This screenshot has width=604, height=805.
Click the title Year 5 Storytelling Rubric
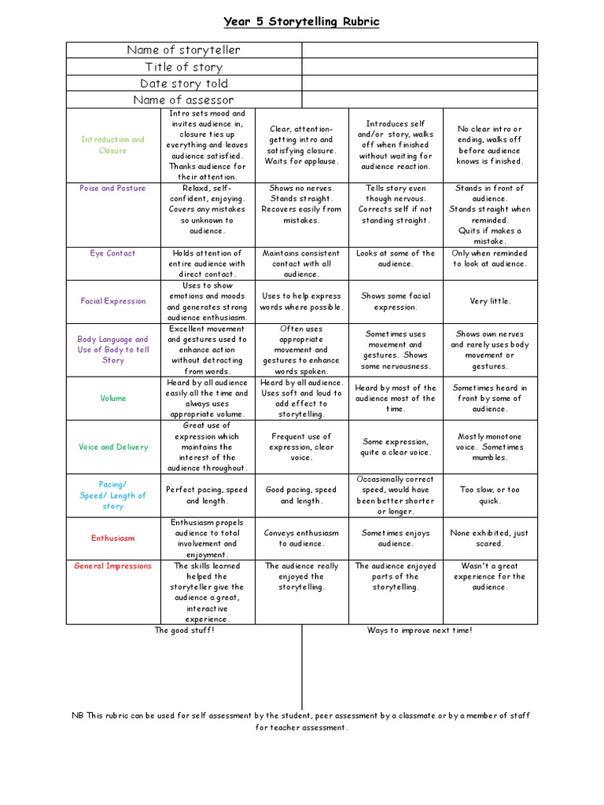[302, 22]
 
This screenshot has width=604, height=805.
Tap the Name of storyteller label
[184, 50]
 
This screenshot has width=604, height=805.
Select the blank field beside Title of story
[420, 67]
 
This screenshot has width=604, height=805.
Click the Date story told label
[184, 83]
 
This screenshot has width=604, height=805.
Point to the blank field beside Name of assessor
[420, 100]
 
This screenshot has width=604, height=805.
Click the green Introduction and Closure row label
[113, 145]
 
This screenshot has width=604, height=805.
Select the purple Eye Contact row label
[113, 253]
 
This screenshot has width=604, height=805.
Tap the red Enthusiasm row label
[113, 539]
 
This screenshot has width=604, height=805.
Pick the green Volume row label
[113, 399]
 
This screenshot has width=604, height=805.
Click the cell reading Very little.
[490, 301]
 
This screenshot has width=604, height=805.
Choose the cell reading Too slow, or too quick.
[490, 495]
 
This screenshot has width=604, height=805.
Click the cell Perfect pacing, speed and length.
[208, 495]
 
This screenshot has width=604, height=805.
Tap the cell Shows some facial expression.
[396, 301]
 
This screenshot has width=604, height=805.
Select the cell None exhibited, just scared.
[490, 538]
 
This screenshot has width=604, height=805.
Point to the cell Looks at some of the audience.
[396, 259]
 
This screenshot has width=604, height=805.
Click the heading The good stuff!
[184, 630]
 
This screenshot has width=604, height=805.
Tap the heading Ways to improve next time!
[420, 630]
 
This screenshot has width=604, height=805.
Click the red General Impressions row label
[113, 566]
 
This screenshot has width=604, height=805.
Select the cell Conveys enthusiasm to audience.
[302, 538]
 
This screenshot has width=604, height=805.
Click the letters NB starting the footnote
[77, 715]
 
